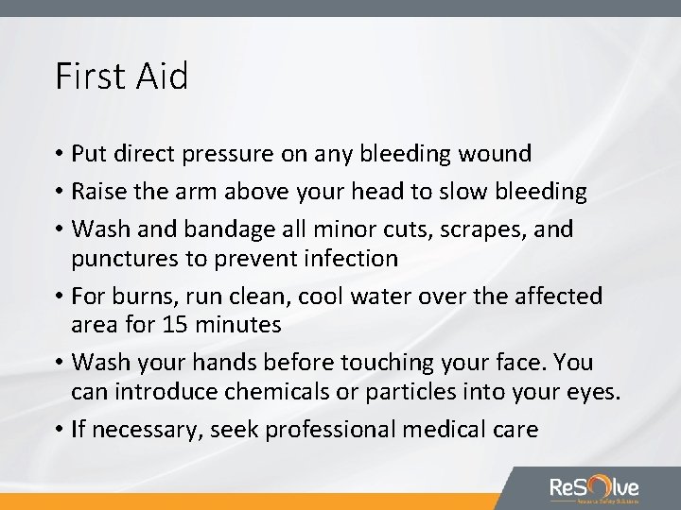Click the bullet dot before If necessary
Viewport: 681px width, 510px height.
[59, 431]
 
